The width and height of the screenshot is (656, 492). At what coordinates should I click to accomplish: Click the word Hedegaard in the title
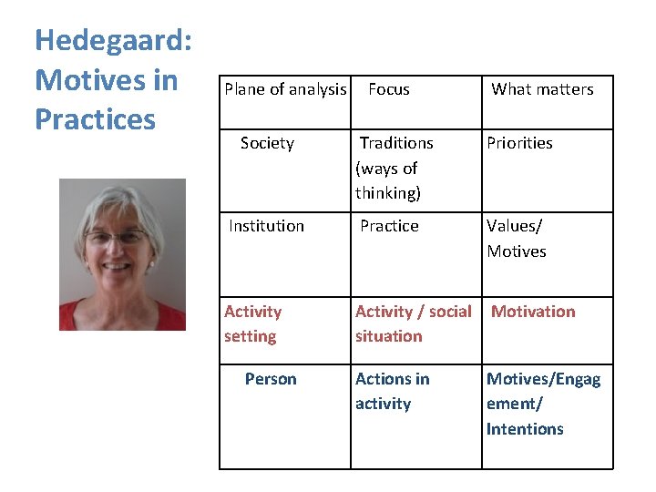point(112,40)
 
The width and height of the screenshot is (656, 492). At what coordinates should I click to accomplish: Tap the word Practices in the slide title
point(95,119)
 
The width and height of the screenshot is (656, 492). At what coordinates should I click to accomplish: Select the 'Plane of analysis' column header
point(285,89)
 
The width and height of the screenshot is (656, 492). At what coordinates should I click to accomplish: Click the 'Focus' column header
point(388,89)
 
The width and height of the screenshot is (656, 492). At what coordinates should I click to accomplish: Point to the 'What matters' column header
point(542,89)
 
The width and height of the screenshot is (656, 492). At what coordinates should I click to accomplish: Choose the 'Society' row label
point(267,143)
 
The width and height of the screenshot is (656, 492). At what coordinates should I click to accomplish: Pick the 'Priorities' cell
point(519,143)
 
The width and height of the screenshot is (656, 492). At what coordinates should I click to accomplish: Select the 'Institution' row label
point(266,226)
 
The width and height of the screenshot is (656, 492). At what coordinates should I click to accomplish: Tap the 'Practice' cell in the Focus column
point(389,226)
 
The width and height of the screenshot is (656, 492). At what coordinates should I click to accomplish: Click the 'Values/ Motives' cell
point(516,239)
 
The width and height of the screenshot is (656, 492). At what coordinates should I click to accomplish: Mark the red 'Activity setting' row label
point(252,323)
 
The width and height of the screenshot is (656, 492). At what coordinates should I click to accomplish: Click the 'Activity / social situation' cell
point(413,323)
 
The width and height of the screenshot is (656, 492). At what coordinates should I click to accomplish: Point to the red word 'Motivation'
point(533,312)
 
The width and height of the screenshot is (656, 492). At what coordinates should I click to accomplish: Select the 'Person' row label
point(271,379)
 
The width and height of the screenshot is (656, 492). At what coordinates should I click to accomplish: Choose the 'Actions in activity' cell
point(392,391)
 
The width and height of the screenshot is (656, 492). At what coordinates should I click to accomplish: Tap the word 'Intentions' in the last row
point(525,429)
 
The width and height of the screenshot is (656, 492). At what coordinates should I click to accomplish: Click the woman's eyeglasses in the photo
point(116,238)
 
